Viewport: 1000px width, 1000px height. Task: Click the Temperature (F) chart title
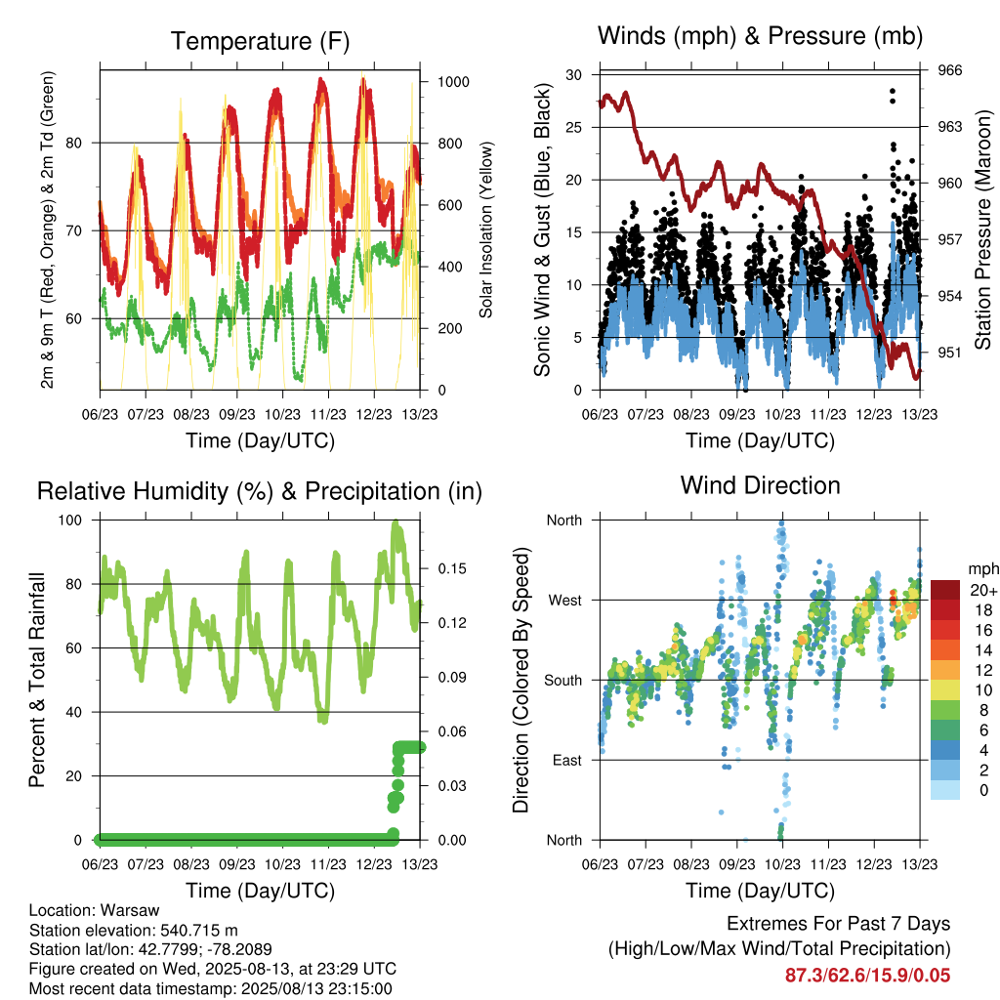click(x=260, y=41)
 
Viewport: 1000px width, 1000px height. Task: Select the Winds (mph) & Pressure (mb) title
click(x=760, y=36)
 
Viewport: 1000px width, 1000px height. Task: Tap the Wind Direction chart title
click(x=760, y=485)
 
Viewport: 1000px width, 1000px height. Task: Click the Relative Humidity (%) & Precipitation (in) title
click(x=260, y=492)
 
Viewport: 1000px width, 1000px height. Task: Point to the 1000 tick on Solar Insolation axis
click(x=453, y=82)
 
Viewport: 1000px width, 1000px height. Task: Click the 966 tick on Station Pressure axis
click(x=949, y=70)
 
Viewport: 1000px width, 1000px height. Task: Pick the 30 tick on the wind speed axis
click(x=573, y=74)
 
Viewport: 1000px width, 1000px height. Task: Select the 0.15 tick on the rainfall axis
click(x=452, y=568)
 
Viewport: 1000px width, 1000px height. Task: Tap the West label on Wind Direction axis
click(x=565, y=601)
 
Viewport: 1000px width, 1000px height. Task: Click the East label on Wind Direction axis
click(x=567, y=760)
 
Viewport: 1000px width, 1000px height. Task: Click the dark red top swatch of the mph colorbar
click(x=945, y=590)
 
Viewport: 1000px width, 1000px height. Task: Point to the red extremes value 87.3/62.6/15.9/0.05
click(x=867, y=976)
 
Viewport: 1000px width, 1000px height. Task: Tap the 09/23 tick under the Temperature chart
click(x=237, y=414)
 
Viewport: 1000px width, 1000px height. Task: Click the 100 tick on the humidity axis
click(x=70, y=521)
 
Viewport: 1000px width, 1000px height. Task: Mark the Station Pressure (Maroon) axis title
click(x=983, y=229)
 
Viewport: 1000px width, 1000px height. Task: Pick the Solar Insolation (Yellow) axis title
click(x=486, y=229)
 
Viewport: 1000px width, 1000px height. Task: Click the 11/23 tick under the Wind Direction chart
click(x=828, y=864)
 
